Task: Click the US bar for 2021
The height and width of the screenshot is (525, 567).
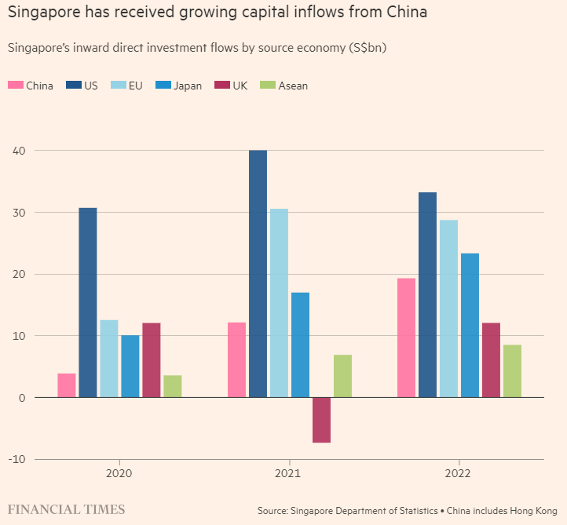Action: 258,274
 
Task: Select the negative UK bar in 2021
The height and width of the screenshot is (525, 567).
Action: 321,420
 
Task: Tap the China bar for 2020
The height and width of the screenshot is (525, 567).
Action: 67,385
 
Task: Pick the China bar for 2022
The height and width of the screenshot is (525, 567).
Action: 406,337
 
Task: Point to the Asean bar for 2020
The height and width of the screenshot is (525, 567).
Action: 173,386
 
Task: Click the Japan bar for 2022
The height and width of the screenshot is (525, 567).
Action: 470,325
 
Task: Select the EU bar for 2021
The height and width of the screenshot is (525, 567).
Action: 279,303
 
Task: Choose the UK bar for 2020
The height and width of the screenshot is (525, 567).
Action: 152,360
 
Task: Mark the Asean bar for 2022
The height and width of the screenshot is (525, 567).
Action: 512,371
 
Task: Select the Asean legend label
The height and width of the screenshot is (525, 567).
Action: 293,86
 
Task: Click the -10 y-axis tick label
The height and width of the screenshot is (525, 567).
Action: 15,459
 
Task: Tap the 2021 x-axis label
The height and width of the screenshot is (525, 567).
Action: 289,475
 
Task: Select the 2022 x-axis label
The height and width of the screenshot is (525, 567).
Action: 459,475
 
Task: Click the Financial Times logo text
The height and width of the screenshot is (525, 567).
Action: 66,509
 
